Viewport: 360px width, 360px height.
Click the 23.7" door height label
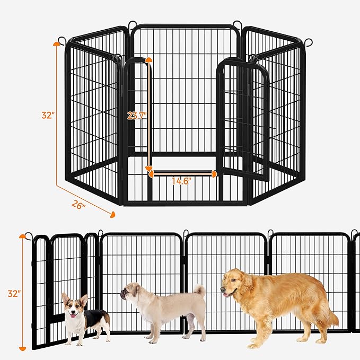[137, 116]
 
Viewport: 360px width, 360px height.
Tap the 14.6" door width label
[181, 181]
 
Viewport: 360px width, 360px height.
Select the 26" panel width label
[78, 204]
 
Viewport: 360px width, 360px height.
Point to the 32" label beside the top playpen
[48, 115]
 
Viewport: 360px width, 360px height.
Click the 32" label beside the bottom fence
[14, 293]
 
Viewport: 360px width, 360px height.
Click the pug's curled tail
[199, 291]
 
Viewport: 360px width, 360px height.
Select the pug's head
[130, 292]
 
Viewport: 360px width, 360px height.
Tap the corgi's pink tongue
[73, 316]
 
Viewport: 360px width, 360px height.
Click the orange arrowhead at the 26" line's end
[112, 215]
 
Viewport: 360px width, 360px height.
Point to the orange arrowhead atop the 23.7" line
[149, 60]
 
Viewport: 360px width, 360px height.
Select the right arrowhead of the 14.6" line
[214, 174]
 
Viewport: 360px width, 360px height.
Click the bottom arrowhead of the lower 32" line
[22, 349]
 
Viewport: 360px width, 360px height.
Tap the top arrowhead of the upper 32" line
[56, 44]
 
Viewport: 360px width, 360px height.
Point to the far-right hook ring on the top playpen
[309, 42]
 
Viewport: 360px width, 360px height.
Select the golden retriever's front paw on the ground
[253, 346]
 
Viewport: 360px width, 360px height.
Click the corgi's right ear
[84, 300]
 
